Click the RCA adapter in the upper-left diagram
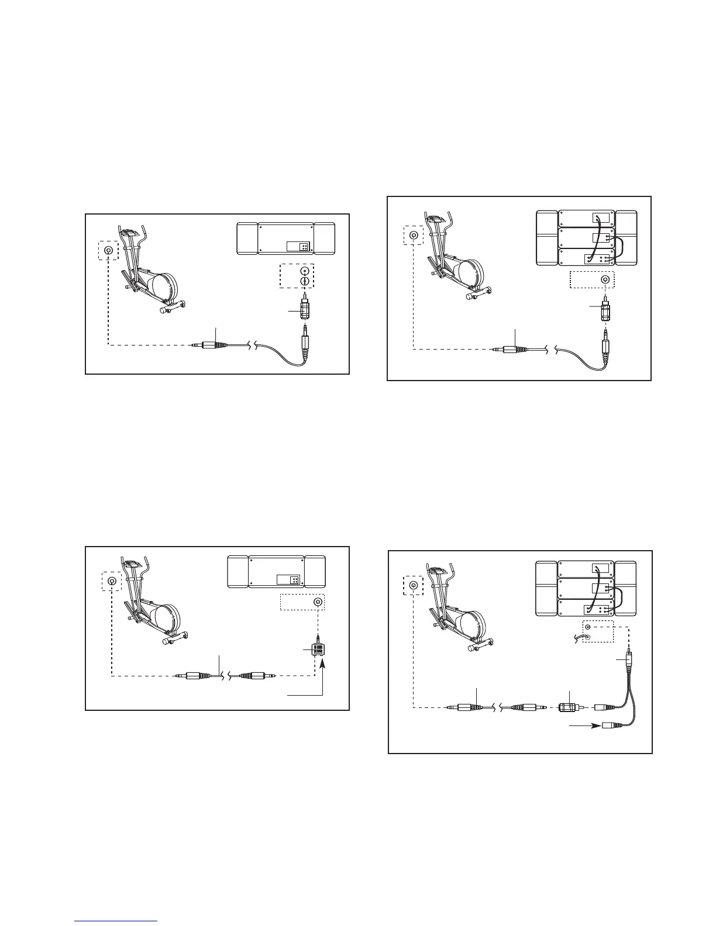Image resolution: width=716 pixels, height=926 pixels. click(x=304, y=308)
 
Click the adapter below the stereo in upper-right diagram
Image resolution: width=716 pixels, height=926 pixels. click(x=604, y=310)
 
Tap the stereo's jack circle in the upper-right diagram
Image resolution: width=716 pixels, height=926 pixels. click(x=605, y=280)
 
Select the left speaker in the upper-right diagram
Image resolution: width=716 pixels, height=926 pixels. click(x=546, y=239)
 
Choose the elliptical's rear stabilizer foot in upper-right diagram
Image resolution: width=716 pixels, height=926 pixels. click(x=471, y=297)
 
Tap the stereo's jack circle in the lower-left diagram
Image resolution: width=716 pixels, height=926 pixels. click(x=318, y=602)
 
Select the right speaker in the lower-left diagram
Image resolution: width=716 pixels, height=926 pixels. click(x=315, y=572)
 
